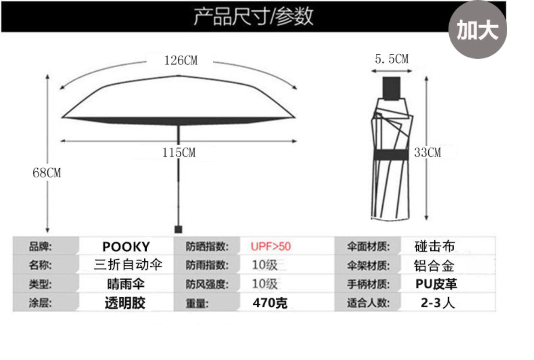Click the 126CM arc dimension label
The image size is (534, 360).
(181, 60)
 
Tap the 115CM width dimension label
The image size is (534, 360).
(179, 153)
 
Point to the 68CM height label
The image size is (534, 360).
(47, 173)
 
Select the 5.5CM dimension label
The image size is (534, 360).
(392, 59)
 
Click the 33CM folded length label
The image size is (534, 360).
(428, 153)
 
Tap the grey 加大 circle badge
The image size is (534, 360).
(477, 29)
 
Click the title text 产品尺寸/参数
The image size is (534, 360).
(253, 16)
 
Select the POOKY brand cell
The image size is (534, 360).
(126, 247)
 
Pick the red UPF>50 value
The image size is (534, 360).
(271, 246)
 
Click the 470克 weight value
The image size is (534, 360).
(270, 303)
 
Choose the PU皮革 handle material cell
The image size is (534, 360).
(436, 284)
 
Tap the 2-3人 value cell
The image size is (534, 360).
(438, 303)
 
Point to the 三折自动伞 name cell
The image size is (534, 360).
(128, 265)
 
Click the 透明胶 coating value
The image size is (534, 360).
(125, 303)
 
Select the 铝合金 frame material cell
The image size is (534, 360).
(434, 266)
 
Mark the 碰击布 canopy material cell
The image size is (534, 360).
(435, 246)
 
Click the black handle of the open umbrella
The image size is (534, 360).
(178, 229)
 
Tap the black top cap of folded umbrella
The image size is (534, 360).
(392, 88)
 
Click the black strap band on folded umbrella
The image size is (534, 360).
(391, 155)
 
